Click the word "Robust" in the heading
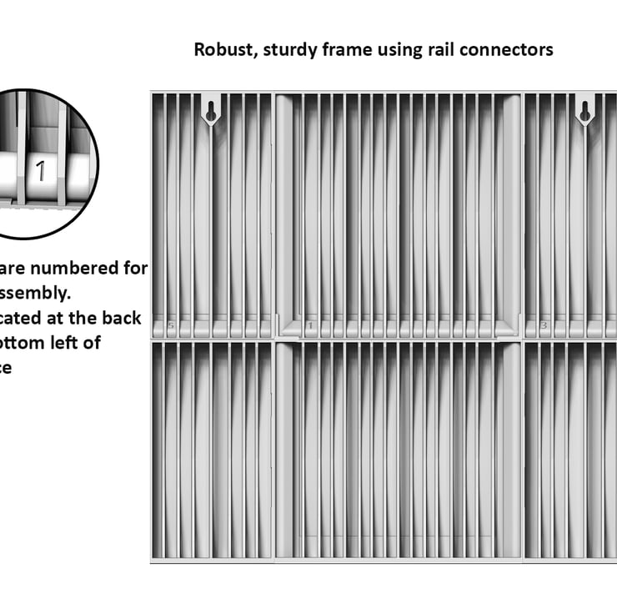point(224,50)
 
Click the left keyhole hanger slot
point(211,111)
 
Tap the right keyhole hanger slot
point(584,111)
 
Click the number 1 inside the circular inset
point(39,172)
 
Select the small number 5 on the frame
point(171,325)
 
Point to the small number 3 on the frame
point(544,325)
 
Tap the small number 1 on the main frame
point(309,325)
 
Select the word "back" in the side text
point(123,318)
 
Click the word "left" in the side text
point(72,343)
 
